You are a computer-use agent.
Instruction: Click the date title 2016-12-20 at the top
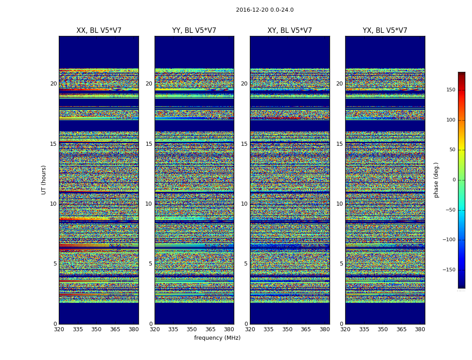click(x=264, y=10)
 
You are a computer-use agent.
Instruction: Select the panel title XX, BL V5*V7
click(x=99, y=31)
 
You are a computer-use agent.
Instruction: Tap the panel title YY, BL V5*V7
click(x=194, y=31)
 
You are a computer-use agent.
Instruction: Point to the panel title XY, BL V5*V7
click(x=289, y=31)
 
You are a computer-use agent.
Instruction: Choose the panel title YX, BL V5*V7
click(x=385, y=31)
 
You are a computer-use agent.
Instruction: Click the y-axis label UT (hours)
click(x=44, y=180)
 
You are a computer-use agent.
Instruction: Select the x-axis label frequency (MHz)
click(x=217, y=338)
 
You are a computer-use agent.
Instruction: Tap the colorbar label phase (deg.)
click(x=436, y=180)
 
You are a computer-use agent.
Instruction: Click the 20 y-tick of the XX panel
click(x=53, y=84)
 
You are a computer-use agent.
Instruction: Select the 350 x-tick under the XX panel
click(x=96, y=329)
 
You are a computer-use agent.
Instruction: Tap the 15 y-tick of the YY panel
click(x=149, y=144)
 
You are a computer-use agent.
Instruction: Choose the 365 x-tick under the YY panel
click(x=210, y=329)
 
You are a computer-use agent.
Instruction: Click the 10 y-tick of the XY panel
click(x=244, y=204)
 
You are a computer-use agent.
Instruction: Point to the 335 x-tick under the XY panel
click(x=268, y=329)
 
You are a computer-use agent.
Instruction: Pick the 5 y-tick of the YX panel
click(x=341, y=264)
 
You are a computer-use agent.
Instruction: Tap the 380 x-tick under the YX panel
click(x=420, y=329)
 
